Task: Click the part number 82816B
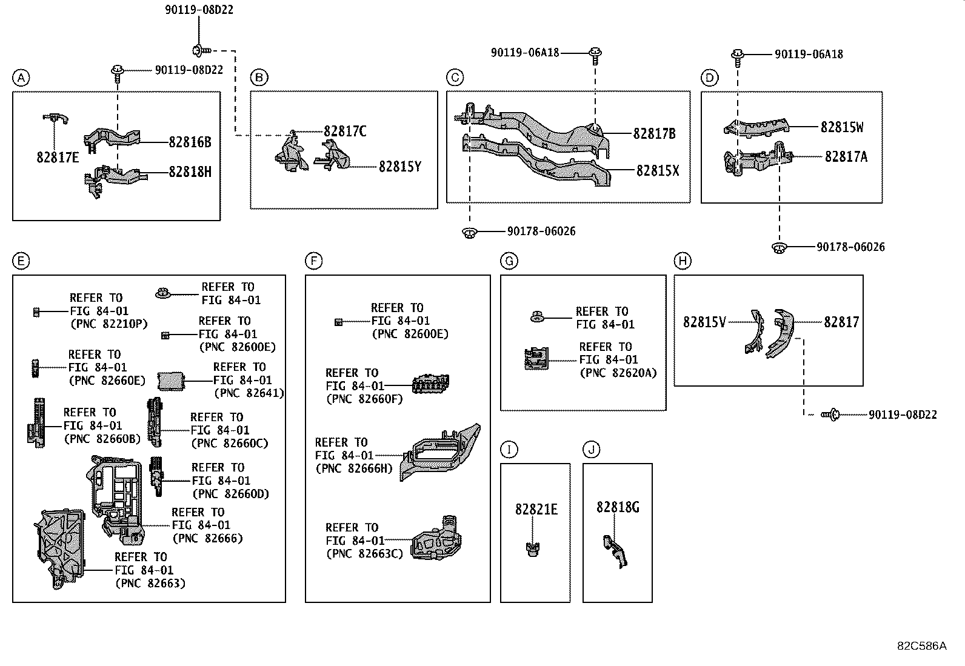(190, 142)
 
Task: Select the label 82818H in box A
(190, 172)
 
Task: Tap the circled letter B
(259, 78)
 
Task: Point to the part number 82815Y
(399, 166)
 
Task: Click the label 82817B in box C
(654, 134)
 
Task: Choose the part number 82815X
(657, 171)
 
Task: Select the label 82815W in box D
(842, 127)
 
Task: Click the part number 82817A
(846, 157)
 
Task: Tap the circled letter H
(683, 261)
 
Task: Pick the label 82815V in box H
(704, 322)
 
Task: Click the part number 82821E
(536, 510)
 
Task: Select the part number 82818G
(617, 507)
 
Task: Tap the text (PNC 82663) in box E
(150, 584)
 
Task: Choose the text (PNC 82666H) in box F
(354, 468)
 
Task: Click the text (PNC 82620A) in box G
(618, 373)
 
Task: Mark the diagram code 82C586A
(921, 646)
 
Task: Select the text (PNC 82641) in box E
(249, 393)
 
